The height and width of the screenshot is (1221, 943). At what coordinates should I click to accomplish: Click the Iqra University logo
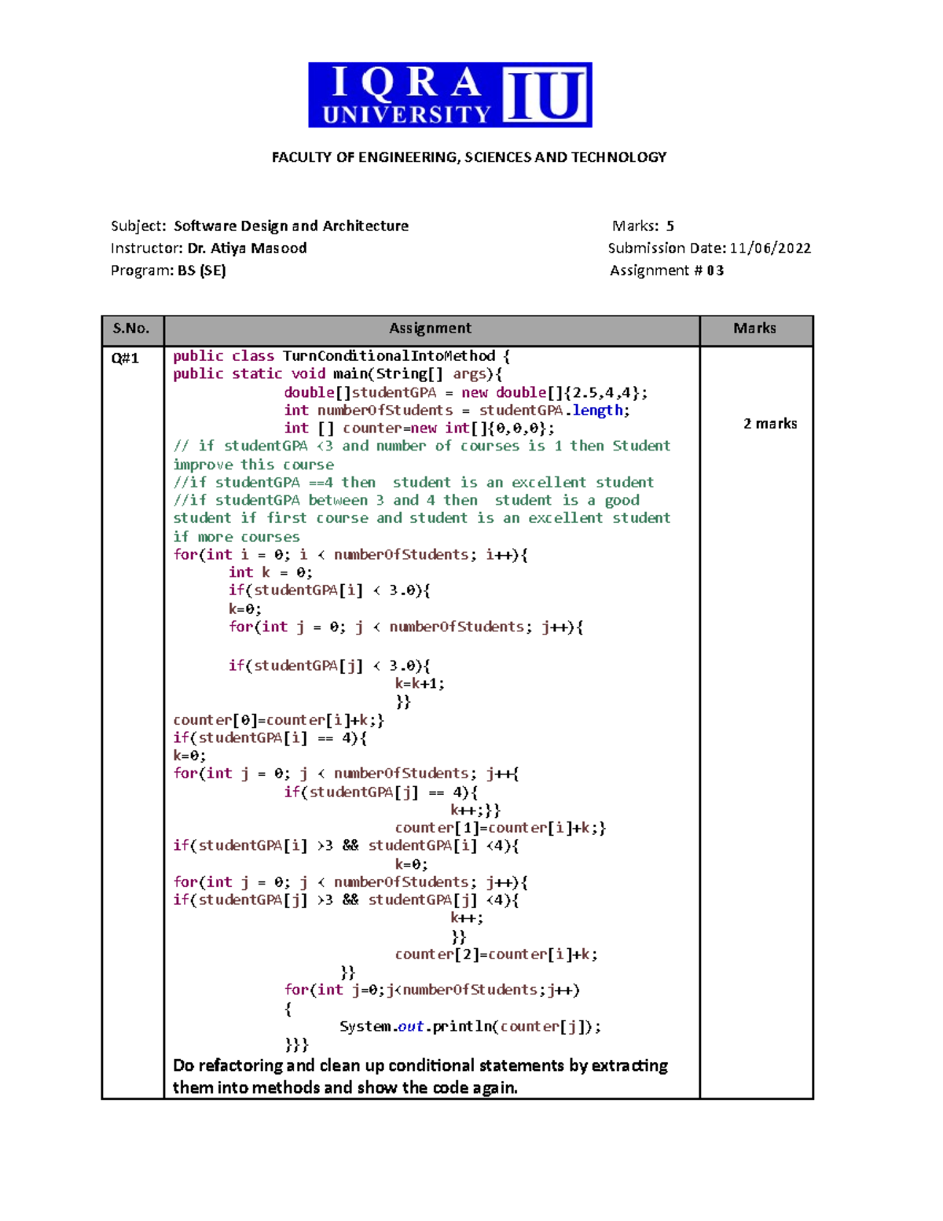[x=449, y=94]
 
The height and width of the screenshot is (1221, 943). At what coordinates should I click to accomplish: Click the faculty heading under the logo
[x=469, y=157]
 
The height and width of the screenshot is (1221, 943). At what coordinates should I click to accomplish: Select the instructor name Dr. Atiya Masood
[x=247, y=248]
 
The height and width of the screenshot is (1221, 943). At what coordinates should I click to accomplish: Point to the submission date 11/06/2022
[x=770, y=248]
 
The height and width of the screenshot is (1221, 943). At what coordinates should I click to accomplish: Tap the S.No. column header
[x=131, y=329]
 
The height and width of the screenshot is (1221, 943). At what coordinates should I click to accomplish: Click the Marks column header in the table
[x=754, y=329]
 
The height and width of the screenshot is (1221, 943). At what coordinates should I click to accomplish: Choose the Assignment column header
[x=431, y=329]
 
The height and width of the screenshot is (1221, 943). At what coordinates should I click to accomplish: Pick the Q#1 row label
[x=125, y=359]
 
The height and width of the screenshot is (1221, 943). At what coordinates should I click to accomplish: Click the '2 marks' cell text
[x=770, y=424]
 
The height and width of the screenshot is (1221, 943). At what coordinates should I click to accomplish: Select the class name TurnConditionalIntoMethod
[x=389, y=356]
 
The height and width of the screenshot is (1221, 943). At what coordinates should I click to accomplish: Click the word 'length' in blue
[x=597, y=410]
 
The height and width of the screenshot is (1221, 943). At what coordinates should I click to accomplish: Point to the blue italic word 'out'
[x=410, y=1027]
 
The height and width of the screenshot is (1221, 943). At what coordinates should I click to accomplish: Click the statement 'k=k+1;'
[x=420, y=684]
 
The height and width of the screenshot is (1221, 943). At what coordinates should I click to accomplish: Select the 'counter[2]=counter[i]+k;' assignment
[x=496, y=954]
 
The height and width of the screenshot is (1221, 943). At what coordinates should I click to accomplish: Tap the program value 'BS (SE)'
[x=202, y=271]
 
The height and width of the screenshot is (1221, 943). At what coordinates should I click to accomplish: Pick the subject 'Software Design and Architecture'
[x=291, y=226]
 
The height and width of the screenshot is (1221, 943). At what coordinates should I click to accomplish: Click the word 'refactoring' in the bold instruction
[x=240, y=1066]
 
